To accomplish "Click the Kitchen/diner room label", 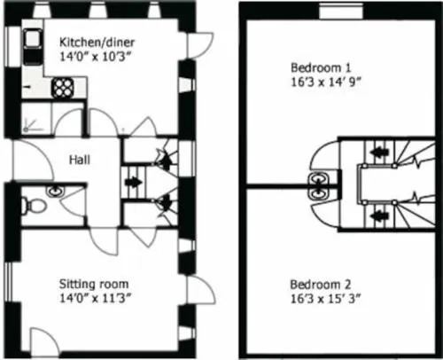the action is (97, 43).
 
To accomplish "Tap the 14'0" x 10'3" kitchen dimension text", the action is (95, 56).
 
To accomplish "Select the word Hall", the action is (80, 160).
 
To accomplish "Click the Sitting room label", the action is (94, 284).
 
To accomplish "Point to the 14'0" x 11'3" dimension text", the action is (95, 298).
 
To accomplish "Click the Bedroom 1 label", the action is (321, 67).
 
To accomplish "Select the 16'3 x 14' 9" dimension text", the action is (326, 82).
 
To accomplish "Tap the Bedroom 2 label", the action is (321, 285).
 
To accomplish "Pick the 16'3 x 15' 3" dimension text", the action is (325, 299).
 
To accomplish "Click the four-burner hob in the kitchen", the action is (63, 88).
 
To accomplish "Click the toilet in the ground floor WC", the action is (33, 205).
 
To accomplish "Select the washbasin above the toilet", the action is (55, 191).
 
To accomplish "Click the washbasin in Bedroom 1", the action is (318, 179).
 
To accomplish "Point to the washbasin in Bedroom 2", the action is (318, 193).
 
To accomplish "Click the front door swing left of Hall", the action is (33, 160).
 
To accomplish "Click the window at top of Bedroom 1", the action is (342, 12).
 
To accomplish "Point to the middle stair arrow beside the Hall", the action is (133, 182).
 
